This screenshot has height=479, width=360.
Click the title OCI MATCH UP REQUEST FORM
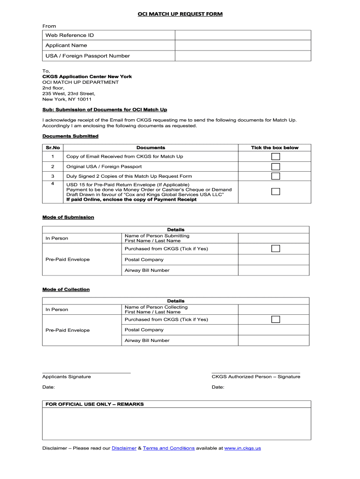click(180, 14)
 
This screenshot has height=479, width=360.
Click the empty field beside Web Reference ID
click(243, 36)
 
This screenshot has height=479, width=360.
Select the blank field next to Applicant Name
click(243, 45)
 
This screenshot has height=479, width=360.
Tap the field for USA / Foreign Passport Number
click(243, 56)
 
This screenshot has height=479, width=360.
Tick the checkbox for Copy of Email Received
click(276, 156)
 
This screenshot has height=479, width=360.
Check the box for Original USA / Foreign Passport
click(276, 167)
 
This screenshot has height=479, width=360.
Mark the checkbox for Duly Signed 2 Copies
click(276, 176)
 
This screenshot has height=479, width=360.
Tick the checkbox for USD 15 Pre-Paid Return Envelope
click(276, 191)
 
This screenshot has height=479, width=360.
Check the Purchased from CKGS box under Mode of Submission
click(276, 248)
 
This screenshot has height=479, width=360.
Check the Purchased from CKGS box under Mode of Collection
click(276, 319)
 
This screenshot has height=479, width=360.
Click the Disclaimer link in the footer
click(124, 448)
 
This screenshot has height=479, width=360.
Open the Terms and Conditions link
click(169, 448)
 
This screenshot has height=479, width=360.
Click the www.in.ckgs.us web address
click(243, 448)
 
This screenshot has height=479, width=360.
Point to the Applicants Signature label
click(66, 377)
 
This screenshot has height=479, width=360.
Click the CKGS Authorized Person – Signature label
click(256, 377)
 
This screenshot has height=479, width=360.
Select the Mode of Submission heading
click(68, 217)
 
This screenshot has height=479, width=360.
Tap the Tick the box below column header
click(274, 147)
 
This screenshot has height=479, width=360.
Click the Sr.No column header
click(53, 147)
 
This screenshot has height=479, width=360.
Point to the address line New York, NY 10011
click(67, 99)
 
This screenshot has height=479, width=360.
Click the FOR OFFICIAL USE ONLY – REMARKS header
click(94, 404)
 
